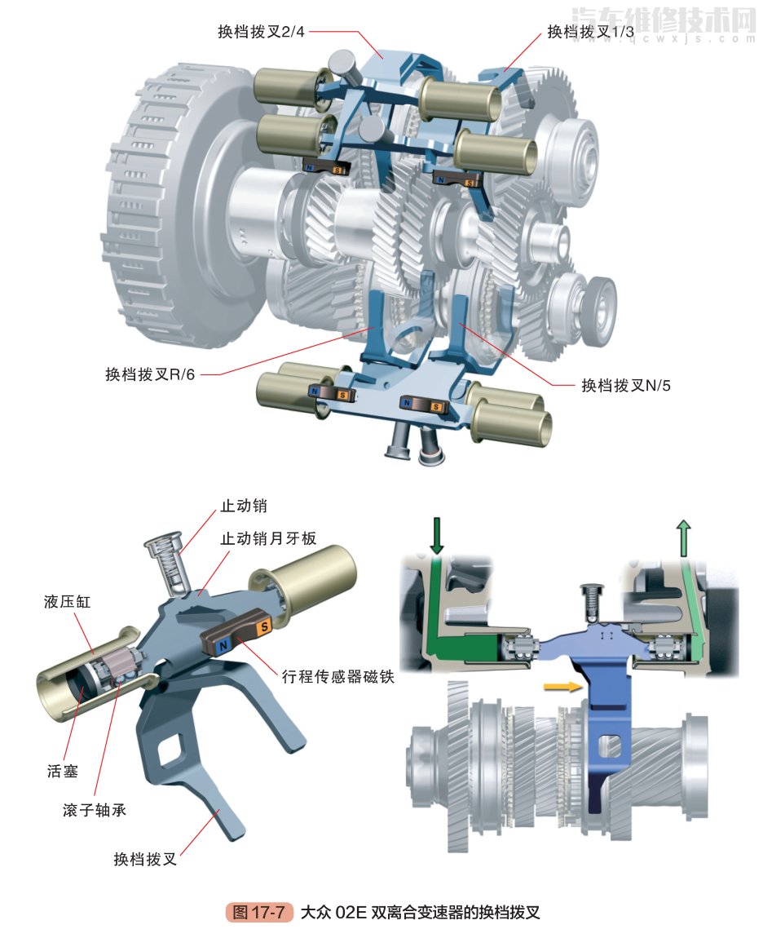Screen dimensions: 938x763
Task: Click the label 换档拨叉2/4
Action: click(261, 32)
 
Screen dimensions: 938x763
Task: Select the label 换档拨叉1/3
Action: click(589, 32)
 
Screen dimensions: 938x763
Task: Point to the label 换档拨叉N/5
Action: click(625, 385)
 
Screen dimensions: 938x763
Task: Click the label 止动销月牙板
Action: click(268, 538)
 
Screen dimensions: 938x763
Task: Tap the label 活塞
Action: click(63, 771)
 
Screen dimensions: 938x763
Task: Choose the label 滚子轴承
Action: click(95, 810)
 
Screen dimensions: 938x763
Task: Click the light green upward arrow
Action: click(682, 538)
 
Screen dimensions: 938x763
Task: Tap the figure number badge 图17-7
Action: click(258, 912)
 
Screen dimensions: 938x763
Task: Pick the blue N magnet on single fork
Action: click(223, 645)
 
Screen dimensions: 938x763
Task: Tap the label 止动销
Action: click(244, 506)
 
